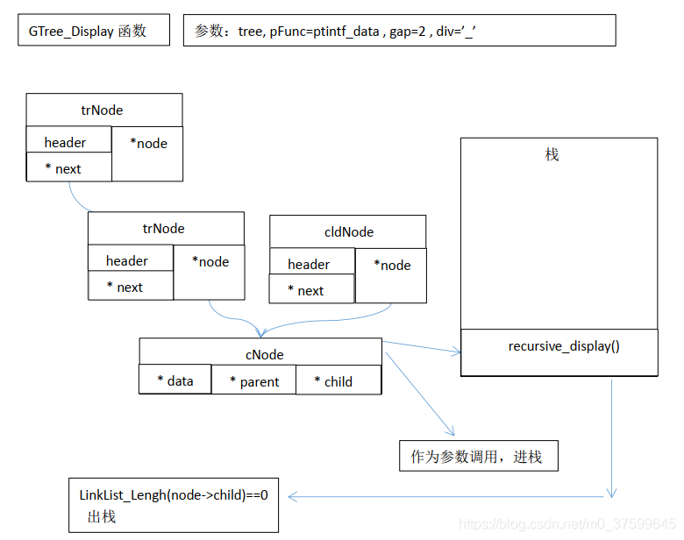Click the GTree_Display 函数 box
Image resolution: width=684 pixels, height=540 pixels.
[x=93, y=32]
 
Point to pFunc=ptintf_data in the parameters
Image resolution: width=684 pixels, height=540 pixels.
[x=324, y=32]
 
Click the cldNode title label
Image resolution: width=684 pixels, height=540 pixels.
[x=348, y=232]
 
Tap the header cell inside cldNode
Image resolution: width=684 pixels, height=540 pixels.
[x=309, y=264]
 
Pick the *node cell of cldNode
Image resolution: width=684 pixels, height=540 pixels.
[x=392, y=266]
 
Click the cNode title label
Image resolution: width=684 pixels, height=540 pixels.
[x=264, y=355]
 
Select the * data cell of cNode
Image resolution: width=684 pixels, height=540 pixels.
[x=175, y=380]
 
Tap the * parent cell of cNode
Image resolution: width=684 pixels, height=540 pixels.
[x=254, y=381]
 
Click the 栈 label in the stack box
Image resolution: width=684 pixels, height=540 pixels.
[x=552, y=155]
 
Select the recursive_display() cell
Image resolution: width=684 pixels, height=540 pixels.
[x=564, y=346]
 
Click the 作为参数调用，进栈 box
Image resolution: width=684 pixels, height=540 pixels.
[x=477, y=457]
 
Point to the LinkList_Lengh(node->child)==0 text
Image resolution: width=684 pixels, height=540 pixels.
[x=174, y=495]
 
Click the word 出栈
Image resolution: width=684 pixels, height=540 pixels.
[x=101, y=516]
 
